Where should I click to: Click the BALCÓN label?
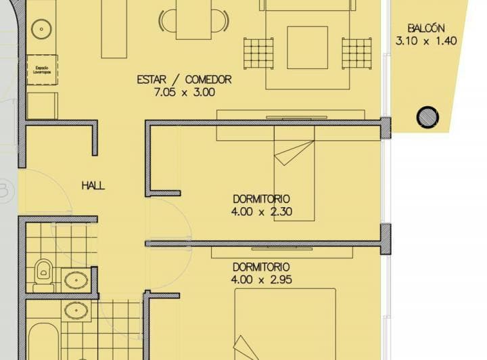(x=426, y=28)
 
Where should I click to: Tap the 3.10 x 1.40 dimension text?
(x=426, y=40)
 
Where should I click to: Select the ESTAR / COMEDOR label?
(x=184, y=79)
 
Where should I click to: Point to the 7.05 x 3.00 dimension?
(x=184, y=91)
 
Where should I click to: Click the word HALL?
(x=93, y=185)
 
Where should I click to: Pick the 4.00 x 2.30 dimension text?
(x=261, y=211)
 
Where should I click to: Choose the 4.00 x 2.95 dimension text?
(x=261, y=279)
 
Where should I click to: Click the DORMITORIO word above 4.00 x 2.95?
(x=261, y=267)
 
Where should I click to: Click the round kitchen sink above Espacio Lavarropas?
(x=42, y=28)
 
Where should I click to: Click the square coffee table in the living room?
(x=307, y=47)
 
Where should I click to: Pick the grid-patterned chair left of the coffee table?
(x=258, y=52)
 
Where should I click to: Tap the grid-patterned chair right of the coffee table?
(x=356, y=52)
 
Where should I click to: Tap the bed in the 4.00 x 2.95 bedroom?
(x=285, y=325)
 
